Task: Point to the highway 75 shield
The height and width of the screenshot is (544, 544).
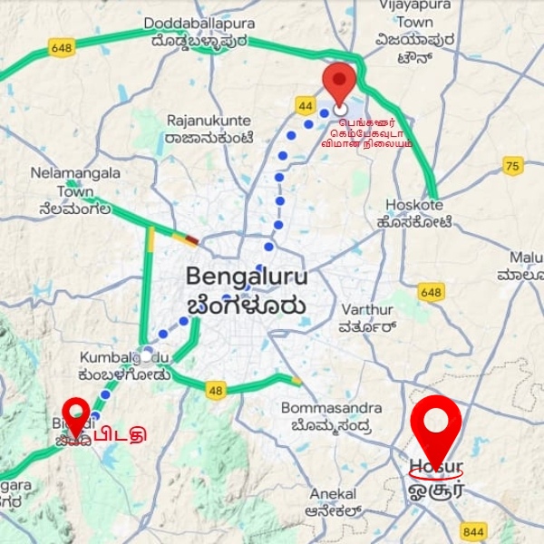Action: click(x=513, y=166)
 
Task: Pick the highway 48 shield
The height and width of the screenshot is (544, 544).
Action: click(x=215, y=391)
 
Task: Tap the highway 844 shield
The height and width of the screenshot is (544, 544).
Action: click(x=473, y=531)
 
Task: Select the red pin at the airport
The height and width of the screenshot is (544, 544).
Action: click(x=340, y=84)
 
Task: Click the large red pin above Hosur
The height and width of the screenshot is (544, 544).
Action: click(x=436, y=427)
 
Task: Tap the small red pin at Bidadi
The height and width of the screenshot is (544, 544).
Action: click(x=76, y=416)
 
